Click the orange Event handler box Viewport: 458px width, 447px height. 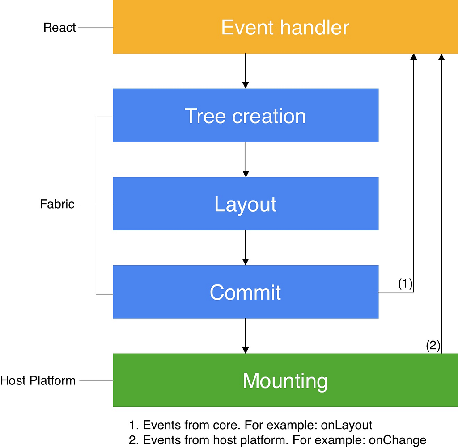tap(285, 27)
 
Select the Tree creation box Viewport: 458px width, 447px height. tap(246, 116)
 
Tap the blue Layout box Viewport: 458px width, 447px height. tap(246, 204)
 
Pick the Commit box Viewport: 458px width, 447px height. tap(246, 292)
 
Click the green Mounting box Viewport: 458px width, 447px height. tap(285, 380)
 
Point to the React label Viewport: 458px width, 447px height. tap(59, 27)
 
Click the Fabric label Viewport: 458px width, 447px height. tap(57, 204)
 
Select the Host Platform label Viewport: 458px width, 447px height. tap(38, 380)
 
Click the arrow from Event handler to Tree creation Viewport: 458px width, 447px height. tap(246, 71)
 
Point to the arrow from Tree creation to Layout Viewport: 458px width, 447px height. tap(246, 159)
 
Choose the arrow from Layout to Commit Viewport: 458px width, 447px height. tap(246, 248)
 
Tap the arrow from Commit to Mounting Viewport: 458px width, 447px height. tap(246, 336)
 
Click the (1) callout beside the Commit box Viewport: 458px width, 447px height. tap(405, 284)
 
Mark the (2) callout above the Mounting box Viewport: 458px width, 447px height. tap(433, 346)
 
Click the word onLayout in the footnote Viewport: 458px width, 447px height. tap(347, 425)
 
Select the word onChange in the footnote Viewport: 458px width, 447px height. tap(398, 440)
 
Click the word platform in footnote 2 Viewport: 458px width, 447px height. tap(265, 440)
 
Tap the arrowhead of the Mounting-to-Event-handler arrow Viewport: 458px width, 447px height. tap(441, 57)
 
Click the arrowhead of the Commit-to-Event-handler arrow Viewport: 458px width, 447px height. tap(414, 57)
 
